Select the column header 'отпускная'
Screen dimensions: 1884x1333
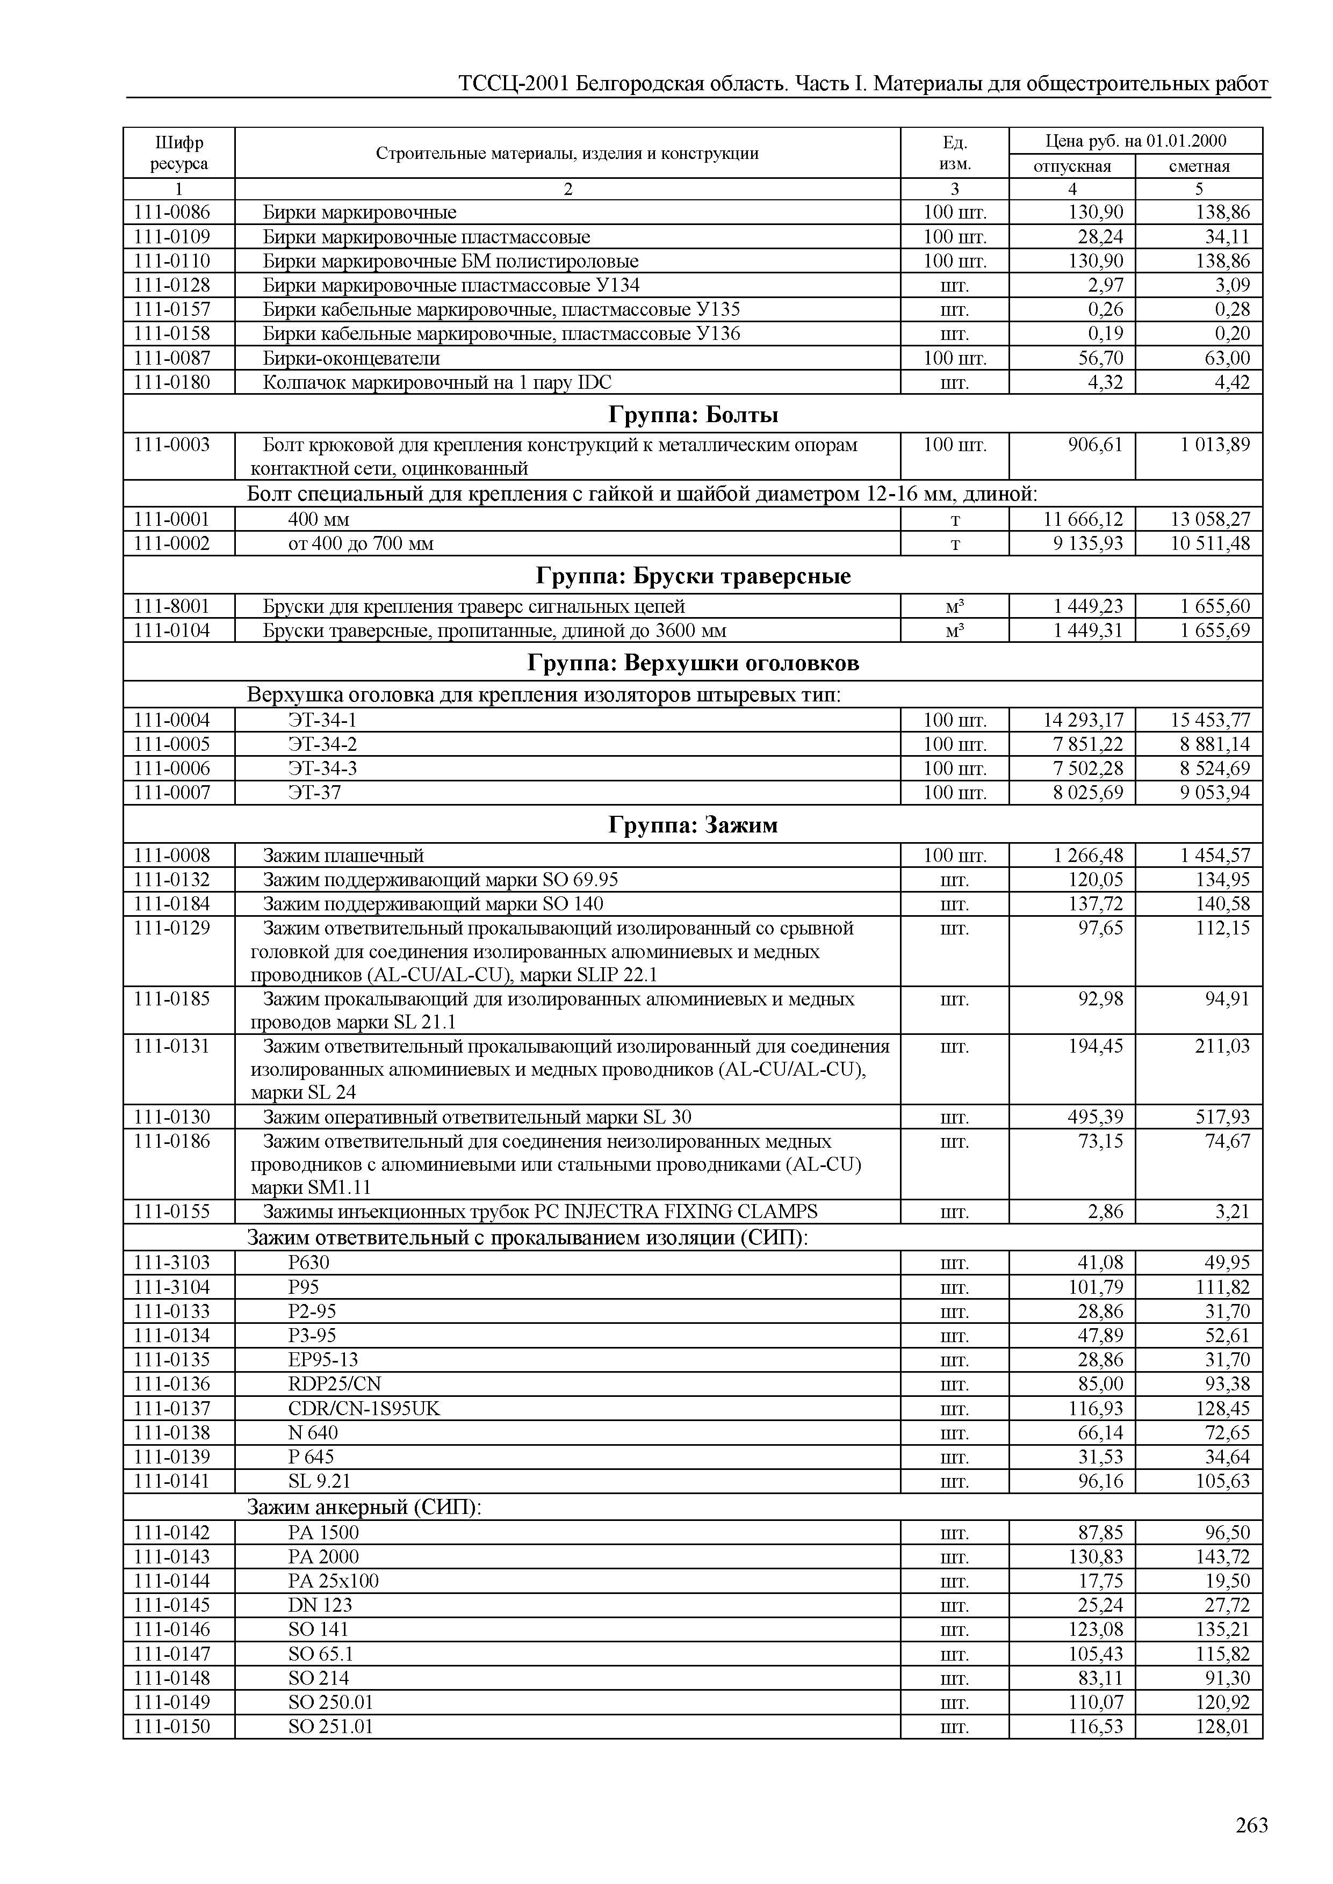[x=1071, y=166]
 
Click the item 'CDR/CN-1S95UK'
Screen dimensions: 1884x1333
[x=364, y=1408]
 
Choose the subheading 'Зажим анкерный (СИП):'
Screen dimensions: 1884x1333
[x=364, y=1508]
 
